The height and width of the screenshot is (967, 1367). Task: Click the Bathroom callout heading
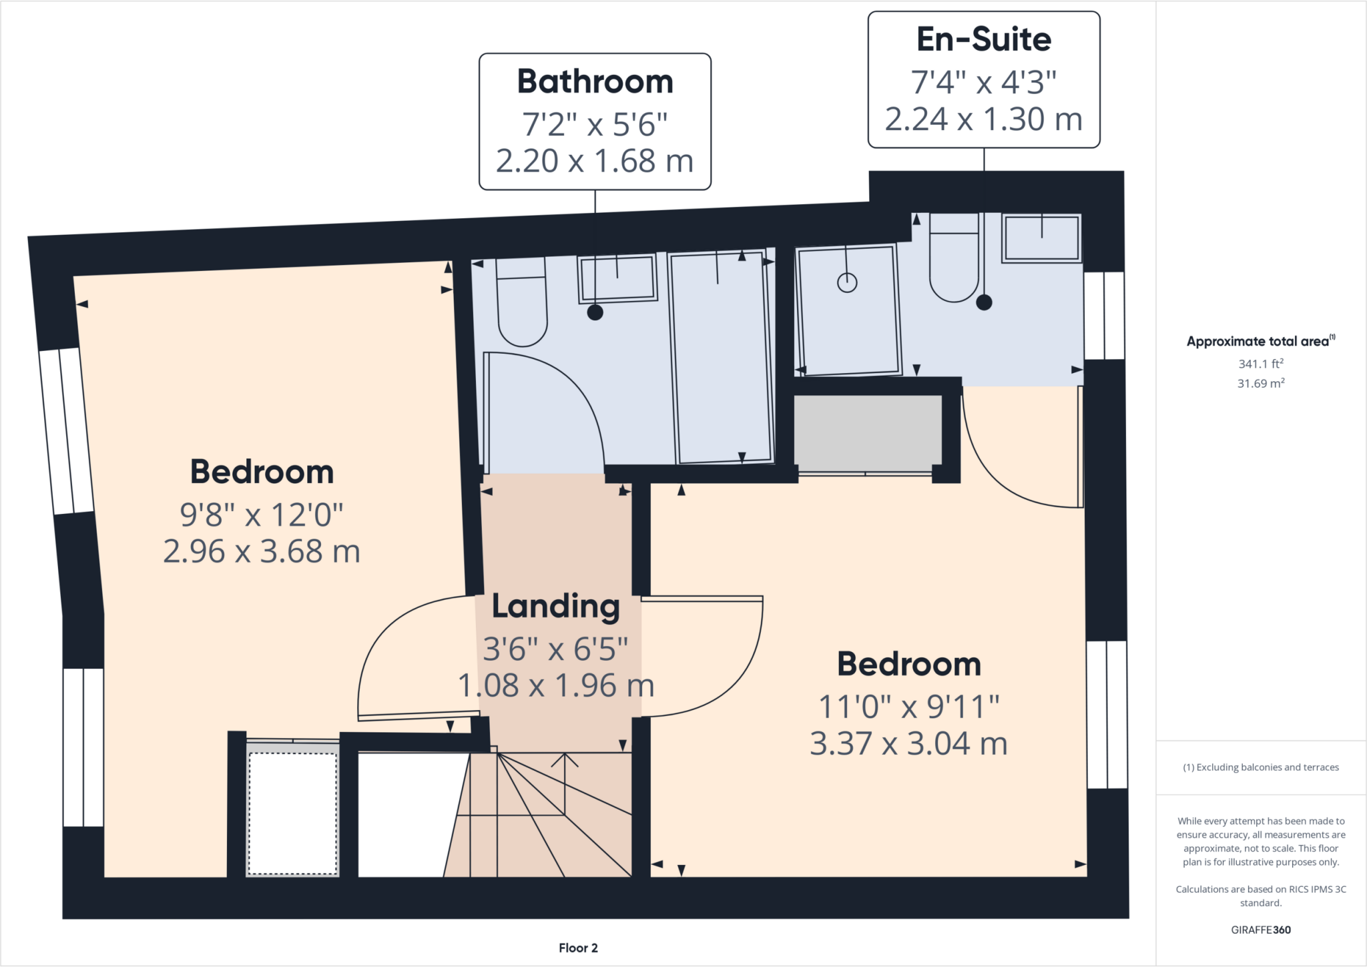point(595,82)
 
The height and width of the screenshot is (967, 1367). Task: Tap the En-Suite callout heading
point(983,39)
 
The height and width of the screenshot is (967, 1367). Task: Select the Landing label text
point(555,607)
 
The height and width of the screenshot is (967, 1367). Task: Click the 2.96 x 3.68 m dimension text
point(262,552)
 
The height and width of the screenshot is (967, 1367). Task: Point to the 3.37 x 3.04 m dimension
point(908,743)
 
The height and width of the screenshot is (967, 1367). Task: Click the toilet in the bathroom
point(522,311)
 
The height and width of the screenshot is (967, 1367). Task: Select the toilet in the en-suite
point(954,267)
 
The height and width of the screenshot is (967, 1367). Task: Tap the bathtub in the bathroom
point(721,358)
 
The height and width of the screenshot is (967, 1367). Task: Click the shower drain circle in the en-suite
point(847,283)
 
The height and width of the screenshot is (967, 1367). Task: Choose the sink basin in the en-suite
point(1041,238)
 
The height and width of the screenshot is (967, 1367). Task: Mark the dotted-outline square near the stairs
point(292,814)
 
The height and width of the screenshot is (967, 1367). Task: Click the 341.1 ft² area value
point(1260,364)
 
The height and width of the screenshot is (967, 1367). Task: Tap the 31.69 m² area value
point(1260,384)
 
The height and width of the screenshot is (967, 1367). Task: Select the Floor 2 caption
point(578,948)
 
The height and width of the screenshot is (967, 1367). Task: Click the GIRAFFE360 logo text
point(1260,930)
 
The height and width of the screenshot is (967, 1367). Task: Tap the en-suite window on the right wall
point(1104,316)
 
